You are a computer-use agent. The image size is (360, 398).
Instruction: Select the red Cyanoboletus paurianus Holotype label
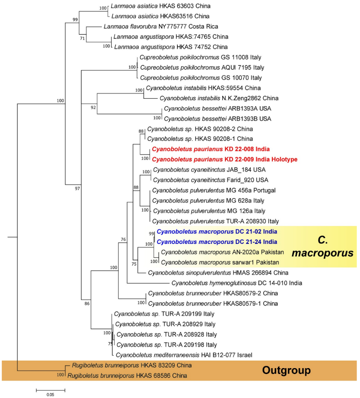point(225,159)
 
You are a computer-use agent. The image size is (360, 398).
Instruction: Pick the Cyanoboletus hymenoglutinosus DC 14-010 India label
point(237,283)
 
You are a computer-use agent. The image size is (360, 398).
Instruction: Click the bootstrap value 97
point(77,188)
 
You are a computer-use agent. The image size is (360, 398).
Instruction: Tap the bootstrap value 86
point(87,303)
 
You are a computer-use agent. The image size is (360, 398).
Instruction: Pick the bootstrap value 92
point(93,108)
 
